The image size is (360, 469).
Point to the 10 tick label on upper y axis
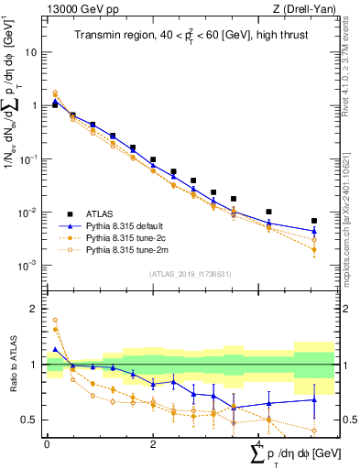(x=30, y=52)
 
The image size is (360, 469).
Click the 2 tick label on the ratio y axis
(x=36, y=309)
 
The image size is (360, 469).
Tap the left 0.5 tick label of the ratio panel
(x=31, y=420)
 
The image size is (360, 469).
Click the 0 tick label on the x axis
(x=47, y=442)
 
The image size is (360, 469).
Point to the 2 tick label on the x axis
(x=153, y=442)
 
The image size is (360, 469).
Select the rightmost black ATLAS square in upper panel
(x=314, y=221)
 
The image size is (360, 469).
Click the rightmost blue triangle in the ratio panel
(x=314, y=399)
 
